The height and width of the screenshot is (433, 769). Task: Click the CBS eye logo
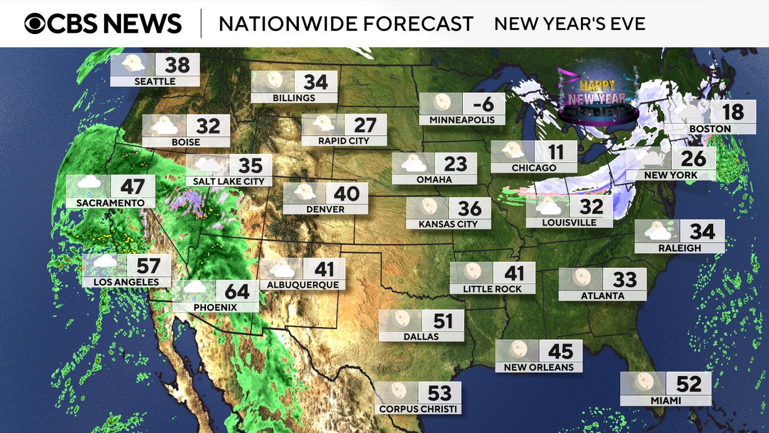tap(36, 24)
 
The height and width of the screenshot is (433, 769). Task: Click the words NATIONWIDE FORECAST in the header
tap(346, 24)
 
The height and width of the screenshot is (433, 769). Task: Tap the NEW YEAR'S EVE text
tap(569, 24)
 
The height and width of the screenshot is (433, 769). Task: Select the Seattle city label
tap(155, 81)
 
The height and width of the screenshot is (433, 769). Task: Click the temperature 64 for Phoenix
tap(237, 291)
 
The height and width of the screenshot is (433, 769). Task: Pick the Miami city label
tap(666, 401)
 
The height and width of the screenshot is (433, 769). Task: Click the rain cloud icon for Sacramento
tap(89, 185)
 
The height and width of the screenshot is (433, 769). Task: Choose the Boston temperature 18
tap(733, 112)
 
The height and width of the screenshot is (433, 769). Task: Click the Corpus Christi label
tap(417, 409)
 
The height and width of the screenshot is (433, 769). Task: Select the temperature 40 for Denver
tap(347, 194)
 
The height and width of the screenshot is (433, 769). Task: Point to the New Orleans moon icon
tap(517, 350)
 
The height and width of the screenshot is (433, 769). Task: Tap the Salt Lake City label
tap(229, 181)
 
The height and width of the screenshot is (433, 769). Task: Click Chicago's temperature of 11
tap(556, 152)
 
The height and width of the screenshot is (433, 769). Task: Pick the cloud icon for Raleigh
tap(657, 231)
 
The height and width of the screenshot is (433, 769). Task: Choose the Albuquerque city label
tap(303, 285)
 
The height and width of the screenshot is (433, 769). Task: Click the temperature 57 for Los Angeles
tap(149, 266)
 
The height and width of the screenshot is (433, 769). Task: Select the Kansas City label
tap(448, 224)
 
